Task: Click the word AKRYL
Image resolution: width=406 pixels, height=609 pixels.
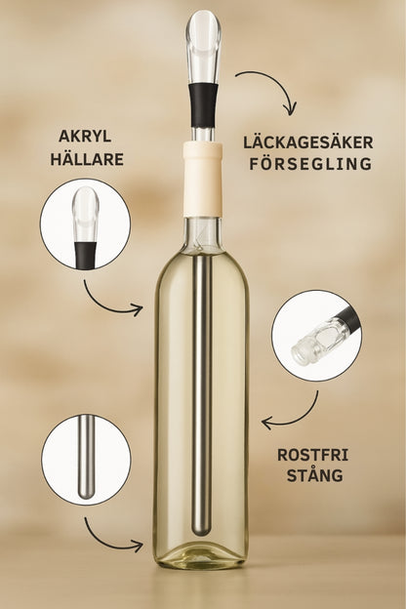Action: [x=85, y=137]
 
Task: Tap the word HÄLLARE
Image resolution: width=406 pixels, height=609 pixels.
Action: [x=87, y=159]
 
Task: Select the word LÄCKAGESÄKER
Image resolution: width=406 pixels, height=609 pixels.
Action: [x=308, y=142]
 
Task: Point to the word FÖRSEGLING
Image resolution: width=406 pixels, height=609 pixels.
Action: [x=310, y=164]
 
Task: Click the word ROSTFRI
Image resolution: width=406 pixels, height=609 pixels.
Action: [x=312, y=455]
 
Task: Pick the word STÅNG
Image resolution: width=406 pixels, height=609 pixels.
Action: [x=314, y=475]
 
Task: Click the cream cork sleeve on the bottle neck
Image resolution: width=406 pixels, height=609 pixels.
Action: [x=202, y=179]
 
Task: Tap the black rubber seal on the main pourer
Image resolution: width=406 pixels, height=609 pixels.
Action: [x=203, y=104]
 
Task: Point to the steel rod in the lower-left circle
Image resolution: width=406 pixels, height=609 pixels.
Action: [x=86, y=457]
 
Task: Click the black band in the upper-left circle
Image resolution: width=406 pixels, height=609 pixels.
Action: [x=86, y=255]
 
